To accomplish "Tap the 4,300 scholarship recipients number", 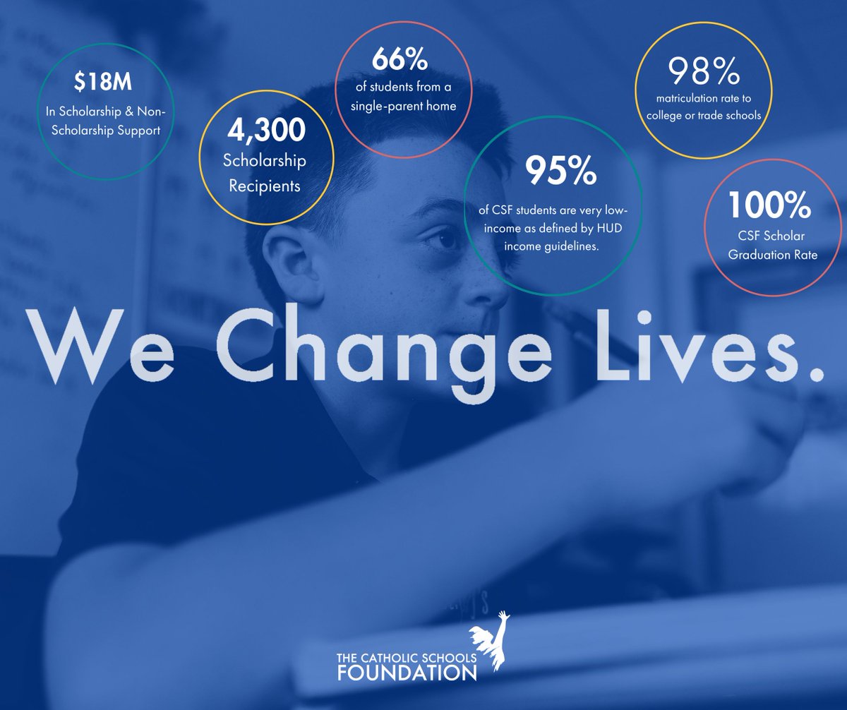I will [x=265, y=131].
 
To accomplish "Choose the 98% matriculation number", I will [x=704, y=71].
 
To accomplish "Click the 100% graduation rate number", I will [x=769, y=205].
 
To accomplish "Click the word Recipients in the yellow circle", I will [x=265, y=186].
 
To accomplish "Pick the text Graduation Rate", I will [x=773, y=255].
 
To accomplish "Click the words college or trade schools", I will [x=707, y=116].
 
